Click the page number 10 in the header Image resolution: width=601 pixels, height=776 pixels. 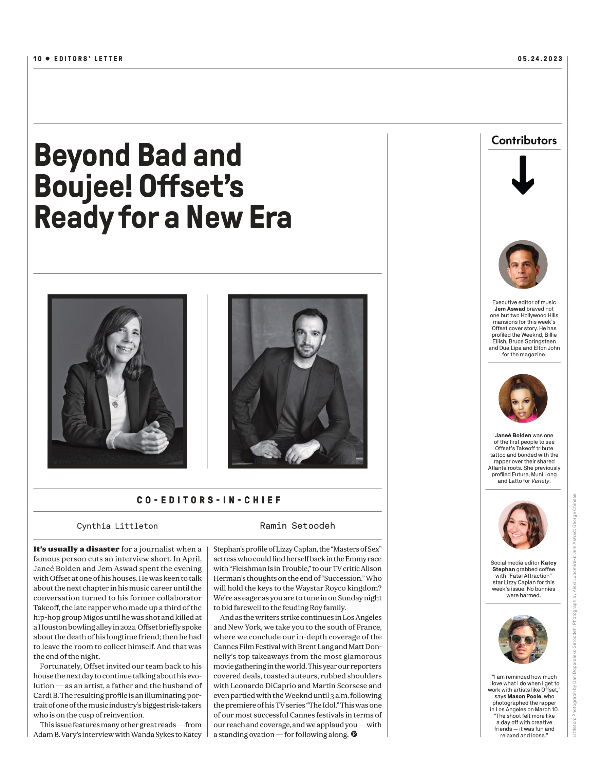pos(38,59)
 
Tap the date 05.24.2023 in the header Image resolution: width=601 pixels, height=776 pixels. pos(540,59)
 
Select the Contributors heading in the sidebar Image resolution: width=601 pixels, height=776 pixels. pos(524,140)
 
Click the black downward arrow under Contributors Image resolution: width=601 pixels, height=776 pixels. pos(523,175)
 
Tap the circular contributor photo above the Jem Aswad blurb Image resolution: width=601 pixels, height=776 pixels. pos(523,264)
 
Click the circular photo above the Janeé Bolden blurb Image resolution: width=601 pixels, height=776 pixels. pos(523,398)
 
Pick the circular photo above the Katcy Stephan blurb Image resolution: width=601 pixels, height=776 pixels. pos(523,525)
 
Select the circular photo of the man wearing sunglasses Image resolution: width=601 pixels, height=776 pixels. pos(523,640)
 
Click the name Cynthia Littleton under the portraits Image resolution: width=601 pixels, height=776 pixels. pos(117,526)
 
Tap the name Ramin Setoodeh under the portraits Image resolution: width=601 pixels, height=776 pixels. pos(297,526)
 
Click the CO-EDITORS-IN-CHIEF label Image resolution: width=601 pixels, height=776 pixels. pos(209,500)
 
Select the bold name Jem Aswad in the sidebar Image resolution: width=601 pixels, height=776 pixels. pos(509,309)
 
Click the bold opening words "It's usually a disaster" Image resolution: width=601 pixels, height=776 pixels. pos(76,549)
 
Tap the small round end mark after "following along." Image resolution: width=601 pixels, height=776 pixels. pos(354,734)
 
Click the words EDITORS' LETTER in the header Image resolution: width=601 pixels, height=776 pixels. pos(89,59)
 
